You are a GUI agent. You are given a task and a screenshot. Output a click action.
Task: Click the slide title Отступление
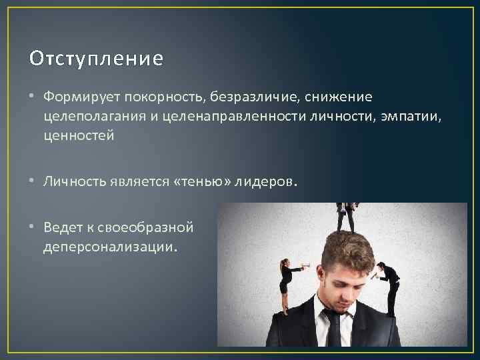point(96,59)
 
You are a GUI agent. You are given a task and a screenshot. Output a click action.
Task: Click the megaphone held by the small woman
point(305,267)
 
